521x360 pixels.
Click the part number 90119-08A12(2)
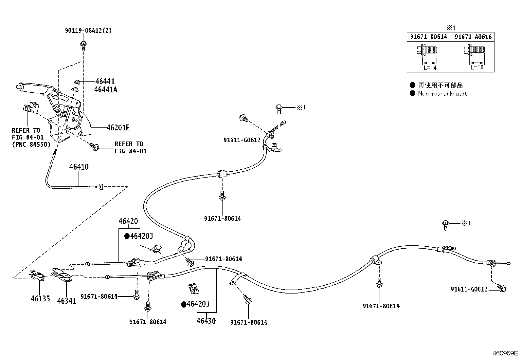point(88,30)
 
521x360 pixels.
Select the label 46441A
point(106,90)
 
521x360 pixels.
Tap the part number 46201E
point(118,128)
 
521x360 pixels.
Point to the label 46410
point(79,167)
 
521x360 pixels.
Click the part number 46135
point(40,298)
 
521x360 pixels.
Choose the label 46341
point(67,301)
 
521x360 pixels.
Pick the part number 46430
point(206,321)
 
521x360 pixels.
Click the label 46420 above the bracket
point(128,221)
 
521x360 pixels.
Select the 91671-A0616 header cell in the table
point(473,37)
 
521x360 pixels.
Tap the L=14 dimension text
point(430,68)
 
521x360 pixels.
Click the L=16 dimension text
point(477,67)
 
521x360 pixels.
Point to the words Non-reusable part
point(442,94)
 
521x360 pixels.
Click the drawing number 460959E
point(505,353)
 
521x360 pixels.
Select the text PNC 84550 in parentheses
point(31,144)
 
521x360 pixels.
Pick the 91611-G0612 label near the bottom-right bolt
point(469,289)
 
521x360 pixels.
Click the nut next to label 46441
point(77,82)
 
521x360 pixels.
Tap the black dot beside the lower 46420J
point(184,304)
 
